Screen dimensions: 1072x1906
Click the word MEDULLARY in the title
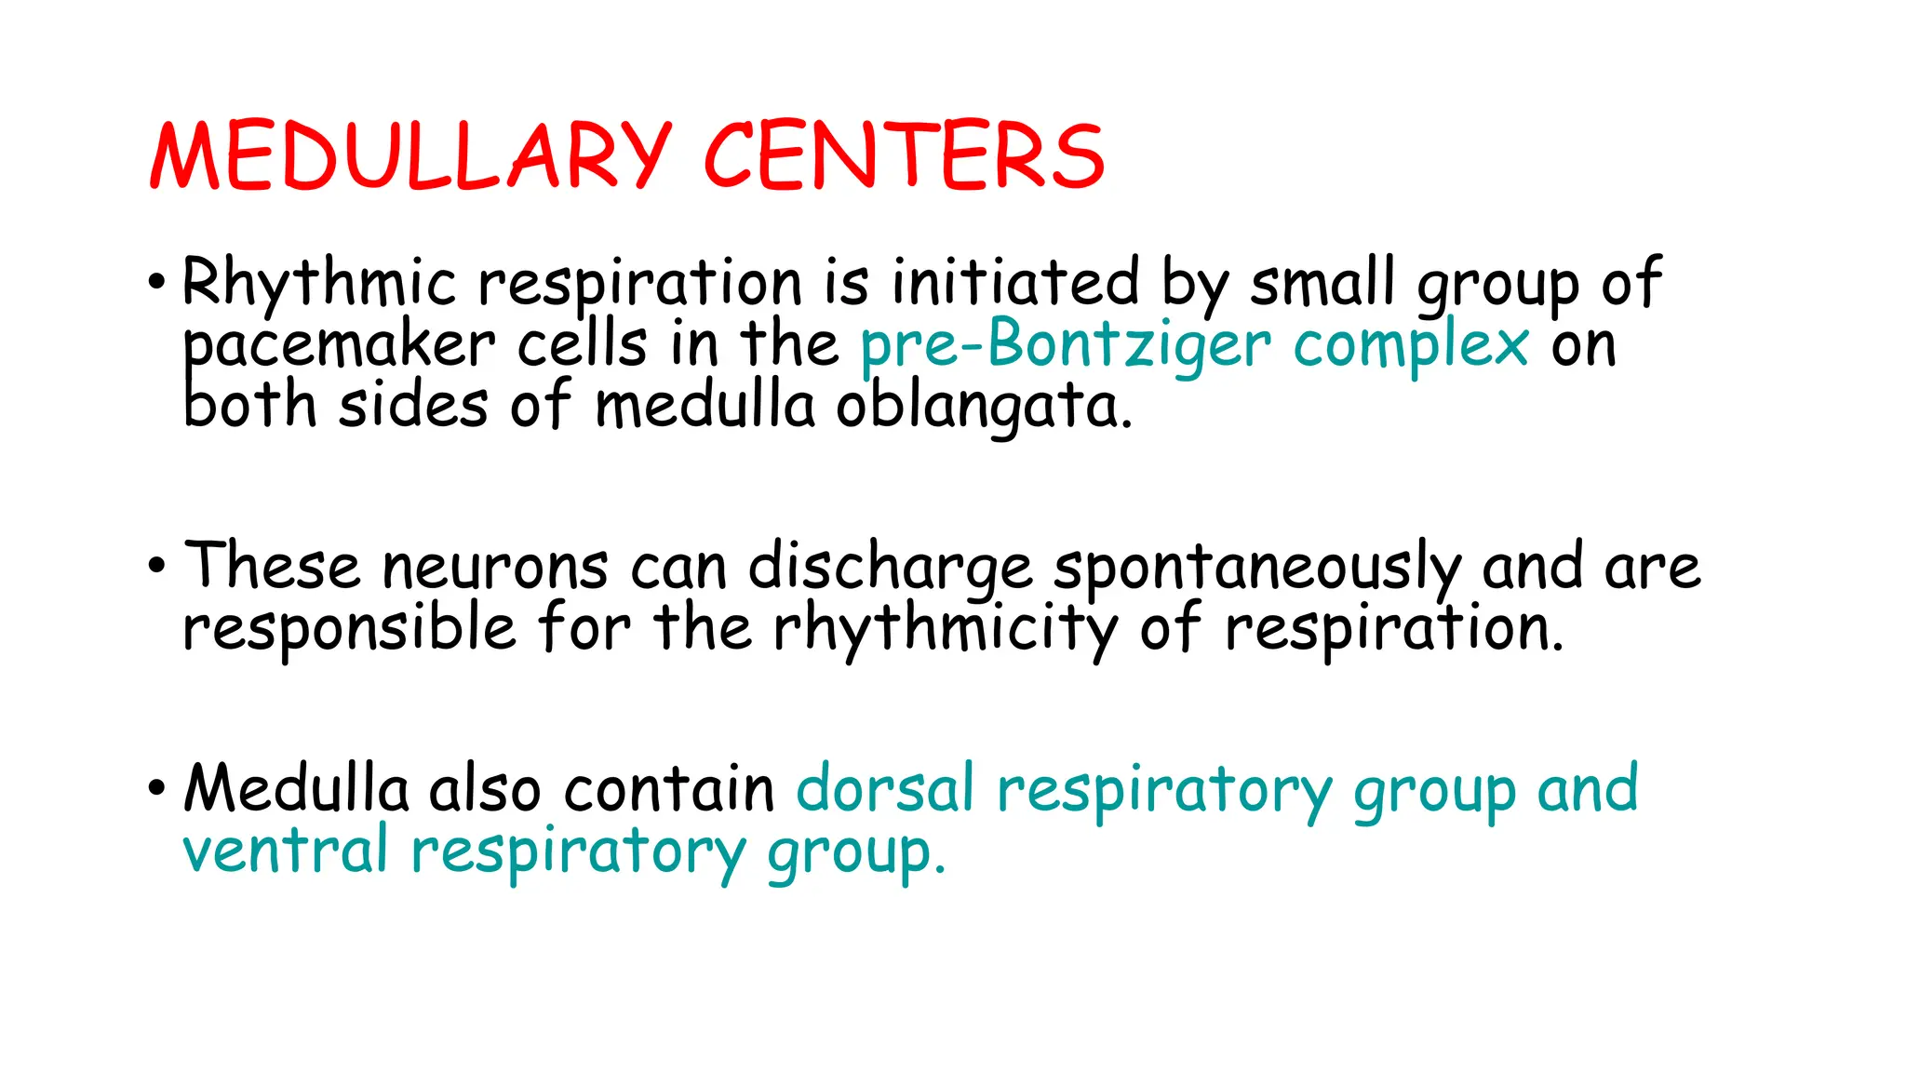tap(409, 155)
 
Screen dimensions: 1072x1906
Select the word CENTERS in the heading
tap(904, 155)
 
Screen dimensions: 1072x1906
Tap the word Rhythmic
tap(319, 282)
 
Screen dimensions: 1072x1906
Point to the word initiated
tap(1014, 282)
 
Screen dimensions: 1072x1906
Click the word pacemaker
tap(339, 346)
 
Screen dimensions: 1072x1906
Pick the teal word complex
tap(1411, 346)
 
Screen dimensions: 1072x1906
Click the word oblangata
tap(984, 408)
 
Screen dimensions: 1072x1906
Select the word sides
tap(413, 408)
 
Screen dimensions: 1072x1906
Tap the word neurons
tap(495, 567)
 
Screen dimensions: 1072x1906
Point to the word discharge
tap(890, 567)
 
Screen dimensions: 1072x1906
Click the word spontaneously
tap(1257, 567)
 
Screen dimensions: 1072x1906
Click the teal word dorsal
tap(885, 789)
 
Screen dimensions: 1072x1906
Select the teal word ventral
tap(285, 851)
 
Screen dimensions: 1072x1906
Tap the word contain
tap(669, 789)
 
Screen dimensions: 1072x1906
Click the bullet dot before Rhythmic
tap(157, 281)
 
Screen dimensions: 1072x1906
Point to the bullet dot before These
tap(157, 565)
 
